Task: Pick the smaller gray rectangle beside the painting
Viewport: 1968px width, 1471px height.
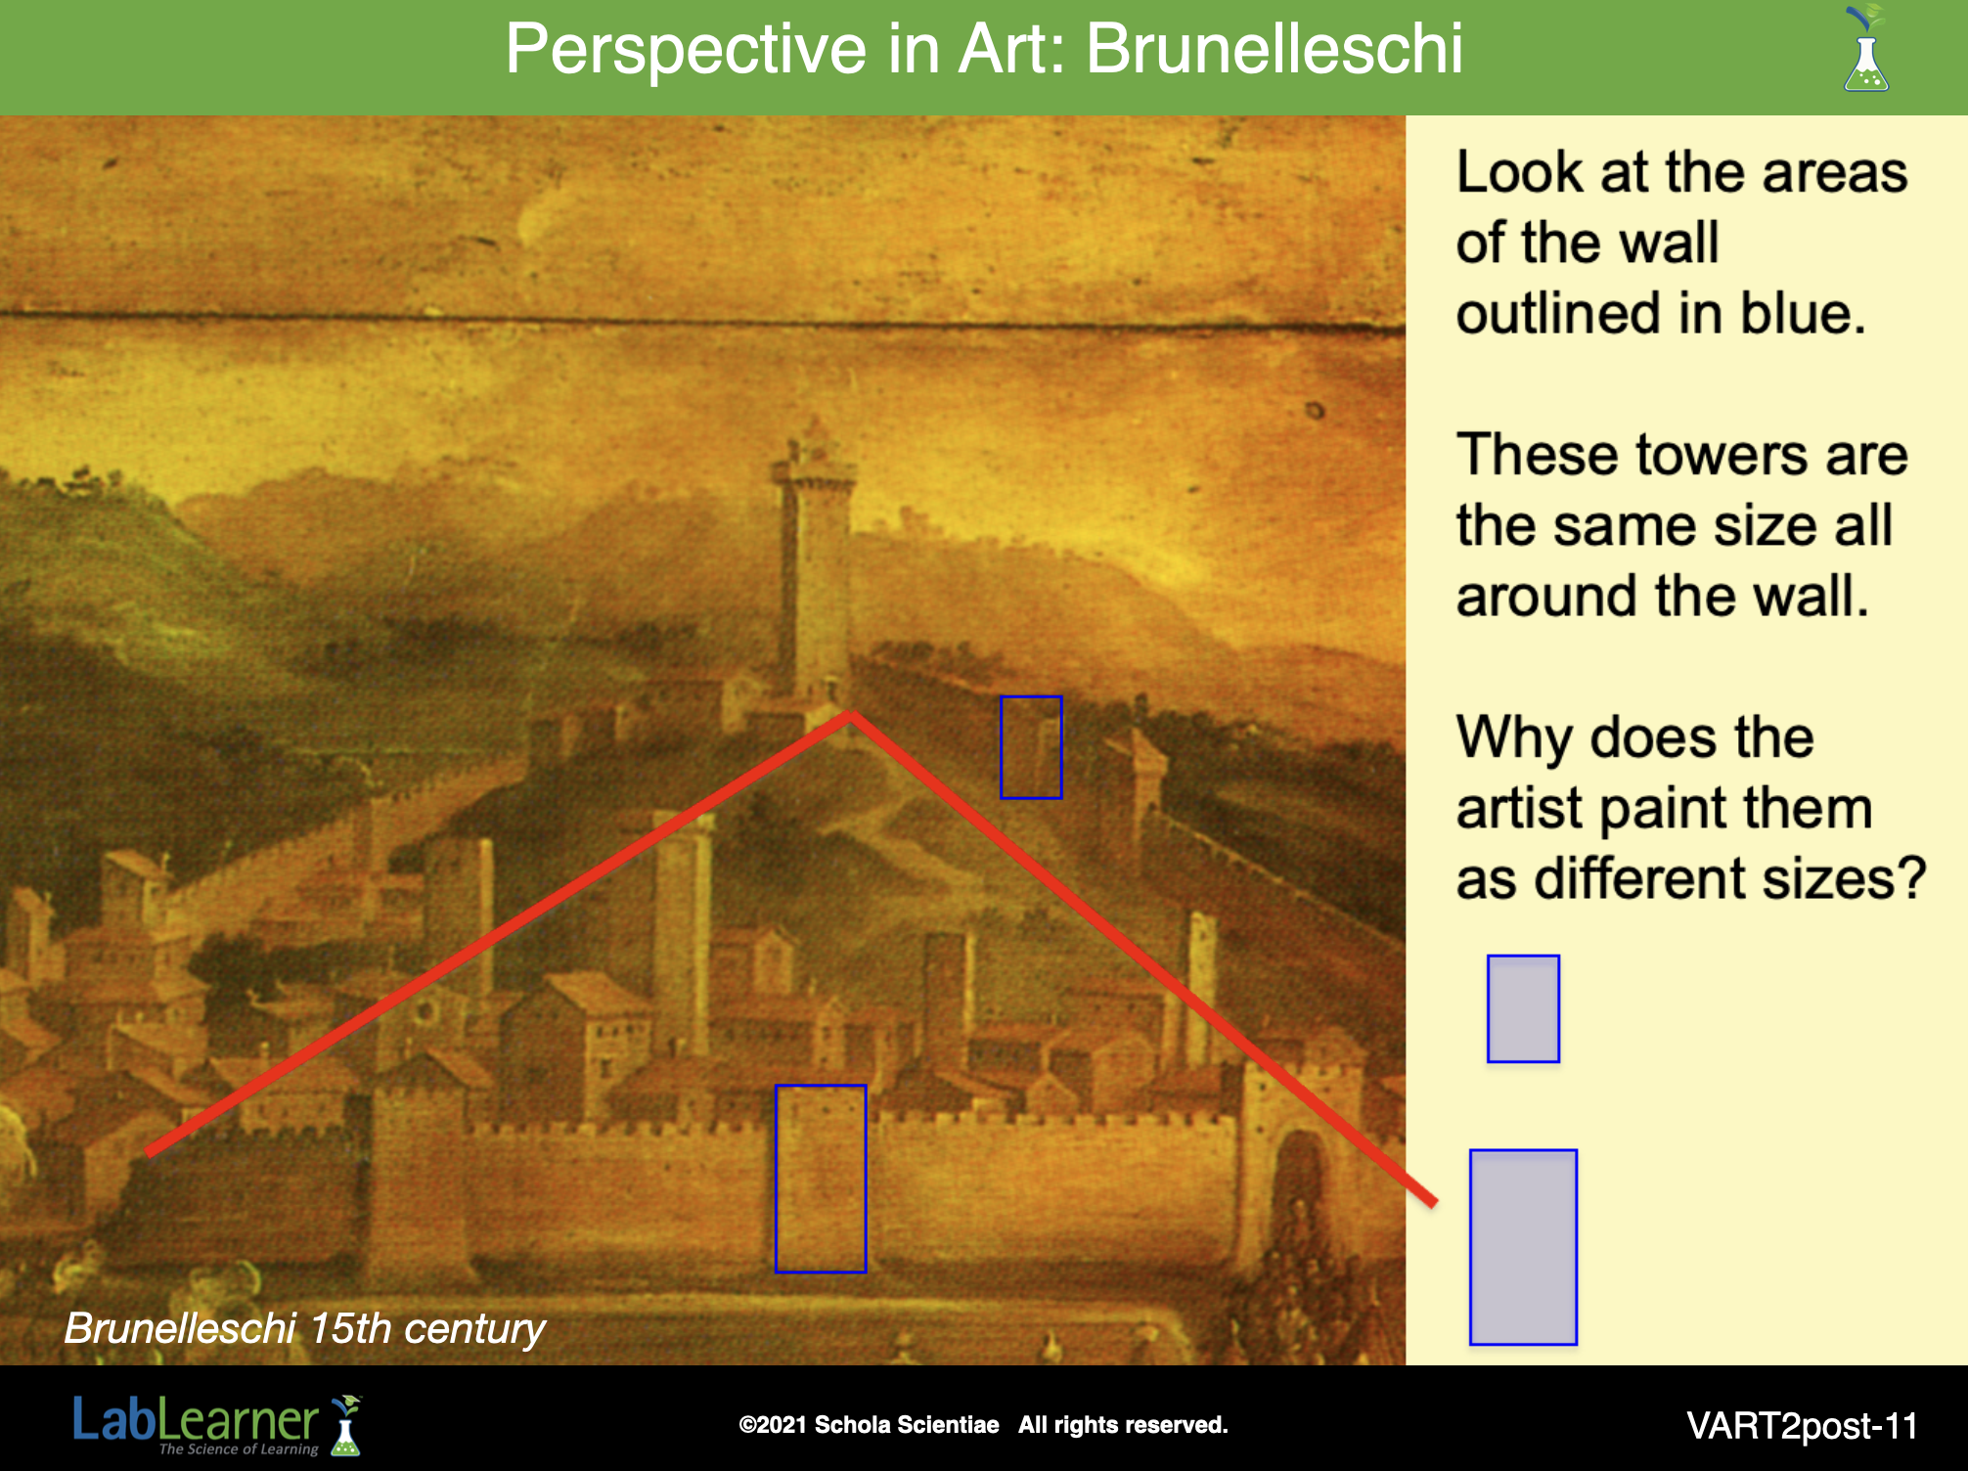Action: coord(1523,1008)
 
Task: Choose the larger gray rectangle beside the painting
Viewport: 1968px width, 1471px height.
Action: coord(1523,1247)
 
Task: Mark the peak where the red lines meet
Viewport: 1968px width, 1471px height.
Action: coord(851,716)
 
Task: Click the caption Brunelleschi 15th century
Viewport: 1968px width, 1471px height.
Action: coord(304,1328)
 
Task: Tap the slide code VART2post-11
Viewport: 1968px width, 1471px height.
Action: coord(1802,1426)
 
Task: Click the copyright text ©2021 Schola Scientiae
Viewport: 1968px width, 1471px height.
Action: coord(869,1425)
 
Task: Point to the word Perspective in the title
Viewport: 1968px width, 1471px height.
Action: coord(686,49)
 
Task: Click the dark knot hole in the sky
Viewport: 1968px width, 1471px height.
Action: coord(1316,411)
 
